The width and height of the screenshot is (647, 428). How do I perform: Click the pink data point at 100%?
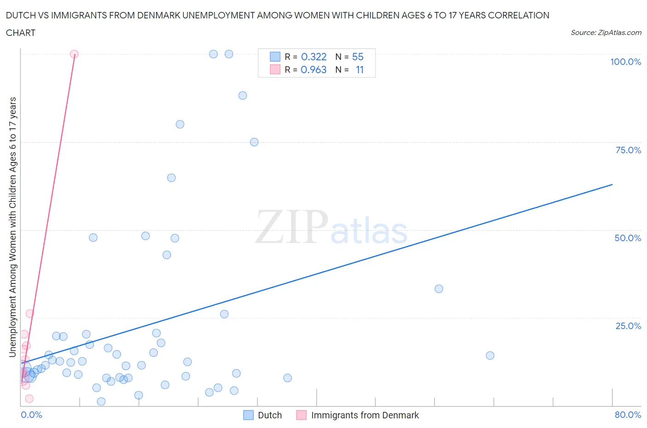[x=74, y=54]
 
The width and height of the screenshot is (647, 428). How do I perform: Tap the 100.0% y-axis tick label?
[x=625, y=62]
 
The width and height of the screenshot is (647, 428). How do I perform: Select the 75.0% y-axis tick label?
[x=628, y=150]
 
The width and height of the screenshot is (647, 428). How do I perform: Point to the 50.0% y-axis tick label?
[x=628, y=238]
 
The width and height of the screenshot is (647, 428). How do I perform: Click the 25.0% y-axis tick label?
[x=628, y=326]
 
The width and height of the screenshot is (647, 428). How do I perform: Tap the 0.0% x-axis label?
[x=31, y=415]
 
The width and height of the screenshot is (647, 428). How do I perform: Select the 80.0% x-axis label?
[x=628, y=415]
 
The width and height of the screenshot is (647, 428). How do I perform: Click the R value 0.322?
[x=313, y=57]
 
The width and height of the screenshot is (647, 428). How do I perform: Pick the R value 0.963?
[x=313, y=70]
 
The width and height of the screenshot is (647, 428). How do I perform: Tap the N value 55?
[x=358, y=57]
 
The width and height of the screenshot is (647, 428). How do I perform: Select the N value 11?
[x=359, y=70]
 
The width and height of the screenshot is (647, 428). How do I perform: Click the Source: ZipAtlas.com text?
[x=606, y=33]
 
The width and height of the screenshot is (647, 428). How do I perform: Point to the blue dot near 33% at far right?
[x=439, y=289]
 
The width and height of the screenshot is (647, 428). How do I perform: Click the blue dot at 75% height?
[x=254, y=142]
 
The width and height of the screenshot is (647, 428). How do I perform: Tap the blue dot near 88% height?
[x=243, y=96]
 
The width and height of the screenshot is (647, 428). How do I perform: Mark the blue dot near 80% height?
[x=180, y=124]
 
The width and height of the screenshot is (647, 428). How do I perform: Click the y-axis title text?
[x=12, y=227]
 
